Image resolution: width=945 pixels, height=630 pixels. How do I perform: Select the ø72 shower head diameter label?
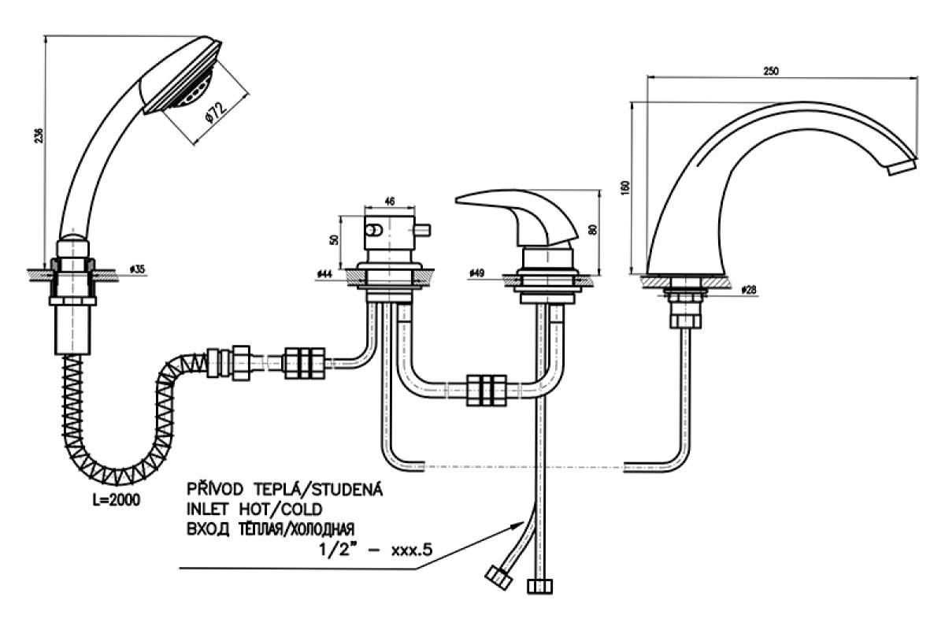(x=216, y=112)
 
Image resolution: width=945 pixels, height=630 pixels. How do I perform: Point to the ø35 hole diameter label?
(x=138, y=269)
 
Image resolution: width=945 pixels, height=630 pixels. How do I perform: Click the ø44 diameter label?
(x=324, y=274)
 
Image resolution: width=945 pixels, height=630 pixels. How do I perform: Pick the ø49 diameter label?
(x=476, y=273)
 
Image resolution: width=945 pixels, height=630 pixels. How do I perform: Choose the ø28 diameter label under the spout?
(x=749, y=290)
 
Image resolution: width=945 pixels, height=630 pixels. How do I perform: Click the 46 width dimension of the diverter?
(x=390, y=202)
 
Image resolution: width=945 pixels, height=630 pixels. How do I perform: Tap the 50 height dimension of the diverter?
(x=334, y=239)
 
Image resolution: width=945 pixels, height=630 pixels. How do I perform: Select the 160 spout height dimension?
(x=625, y=187)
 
